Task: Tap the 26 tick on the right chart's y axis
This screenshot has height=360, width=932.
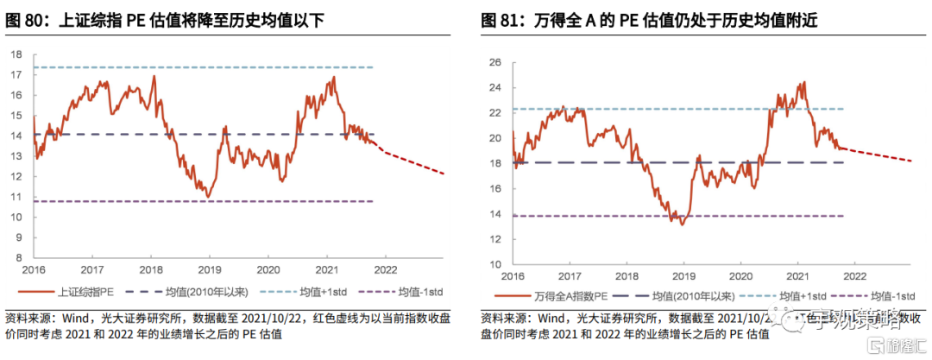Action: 495,62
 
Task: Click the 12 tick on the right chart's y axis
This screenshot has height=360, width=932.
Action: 495,240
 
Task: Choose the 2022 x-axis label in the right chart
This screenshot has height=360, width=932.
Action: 854,276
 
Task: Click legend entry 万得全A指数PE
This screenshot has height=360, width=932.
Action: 570,296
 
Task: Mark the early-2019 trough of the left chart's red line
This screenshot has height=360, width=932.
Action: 208,197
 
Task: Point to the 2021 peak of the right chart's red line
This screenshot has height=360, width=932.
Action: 803,83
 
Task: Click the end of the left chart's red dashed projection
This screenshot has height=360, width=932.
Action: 444,174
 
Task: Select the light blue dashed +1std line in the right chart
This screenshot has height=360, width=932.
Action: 673,109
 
